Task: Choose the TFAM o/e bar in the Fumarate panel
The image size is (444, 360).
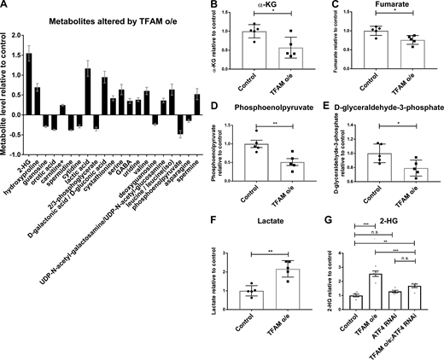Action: click(x=394, y=53)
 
